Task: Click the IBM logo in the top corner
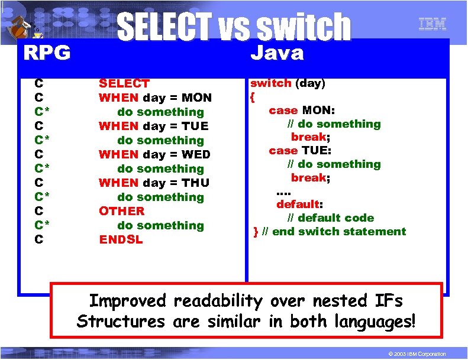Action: [433, 24]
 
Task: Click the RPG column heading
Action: [47, 53]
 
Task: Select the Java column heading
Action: [277, 53]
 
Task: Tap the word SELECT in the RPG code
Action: [124, 83]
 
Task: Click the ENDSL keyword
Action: [121, 239]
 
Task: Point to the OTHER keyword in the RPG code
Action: [121, 211]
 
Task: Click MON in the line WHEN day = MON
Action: [196, 98]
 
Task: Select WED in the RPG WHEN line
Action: [195, 154]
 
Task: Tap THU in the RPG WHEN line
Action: [196, 183]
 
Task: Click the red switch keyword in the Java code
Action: [270, 83]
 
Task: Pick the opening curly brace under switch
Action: [252, 96]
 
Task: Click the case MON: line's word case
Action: [283, 111]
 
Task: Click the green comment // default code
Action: [335, 218]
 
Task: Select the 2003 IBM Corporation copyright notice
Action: [414, 353]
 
